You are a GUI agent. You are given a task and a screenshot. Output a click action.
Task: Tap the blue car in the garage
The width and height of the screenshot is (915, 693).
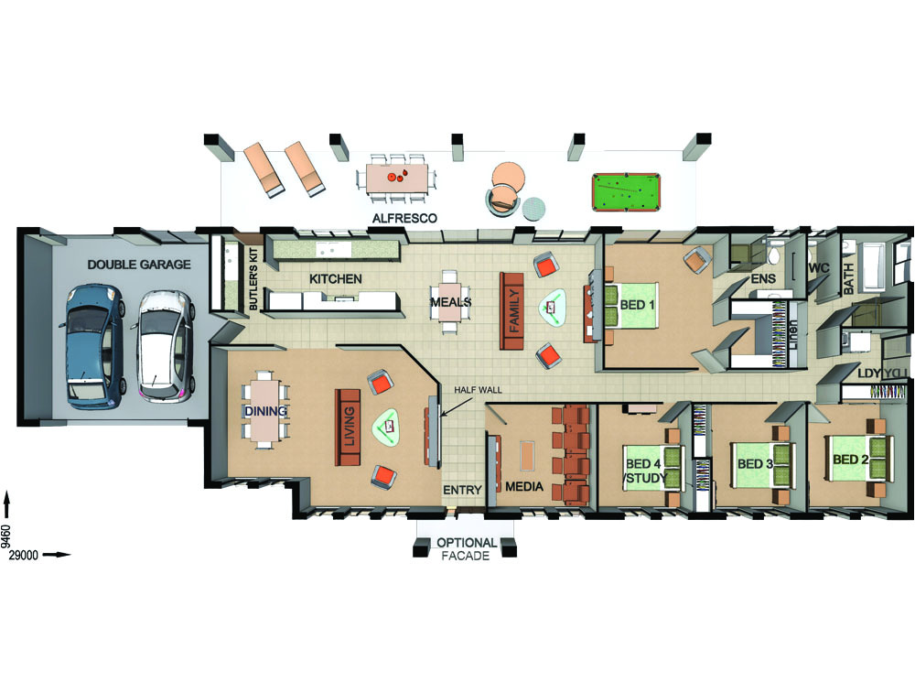[x=90, y=343]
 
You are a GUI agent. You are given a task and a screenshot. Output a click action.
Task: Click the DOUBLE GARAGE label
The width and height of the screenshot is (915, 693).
[x=139, y=265]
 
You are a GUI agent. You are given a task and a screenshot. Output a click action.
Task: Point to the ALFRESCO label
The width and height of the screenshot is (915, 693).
[x=404, y=219]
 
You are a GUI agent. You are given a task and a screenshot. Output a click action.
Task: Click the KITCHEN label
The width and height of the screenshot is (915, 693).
[x=335, y=278]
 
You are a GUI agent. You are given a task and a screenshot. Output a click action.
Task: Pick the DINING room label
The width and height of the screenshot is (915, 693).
[x=265, y=411]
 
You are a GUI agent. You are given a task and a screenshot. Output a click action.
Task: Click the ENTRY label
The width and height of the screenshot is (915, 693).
[x=462, y=491]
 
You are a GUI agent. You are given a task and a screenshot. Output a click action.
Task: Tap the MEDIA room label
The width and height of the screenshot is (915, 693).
[x=524, y=486]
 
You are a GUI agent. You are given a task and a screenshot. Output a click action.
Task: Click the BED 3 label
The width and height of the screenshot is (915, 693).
[x=756, y=463]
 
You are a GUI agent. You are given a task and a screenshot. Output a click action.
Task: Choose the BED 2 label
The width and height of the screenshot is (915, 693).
[x=850, y=459]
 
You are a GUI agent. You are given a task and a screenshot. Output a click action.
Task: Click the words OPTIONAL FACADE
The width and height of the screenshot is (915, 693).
[x=467, y=548]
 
